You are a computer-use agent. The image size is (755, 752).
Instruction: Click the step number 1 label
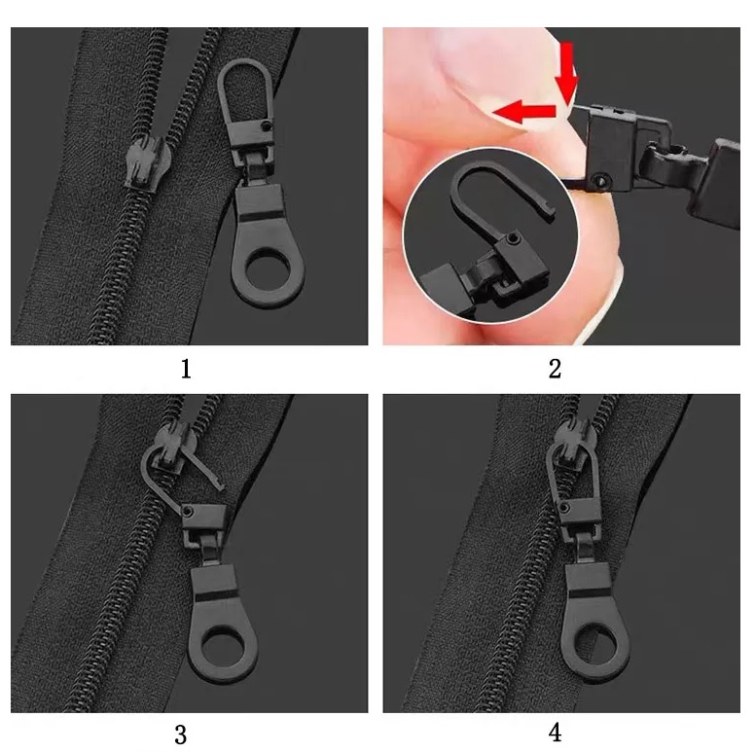(186, 369)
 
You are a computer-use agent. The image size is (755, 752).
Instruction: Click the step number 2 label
(555, 369)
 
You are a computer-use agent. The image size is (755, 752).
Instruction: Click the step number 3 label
(181, 734)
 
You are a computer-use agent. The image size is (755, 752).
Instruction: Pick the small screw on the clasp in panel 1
(269, 128)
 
